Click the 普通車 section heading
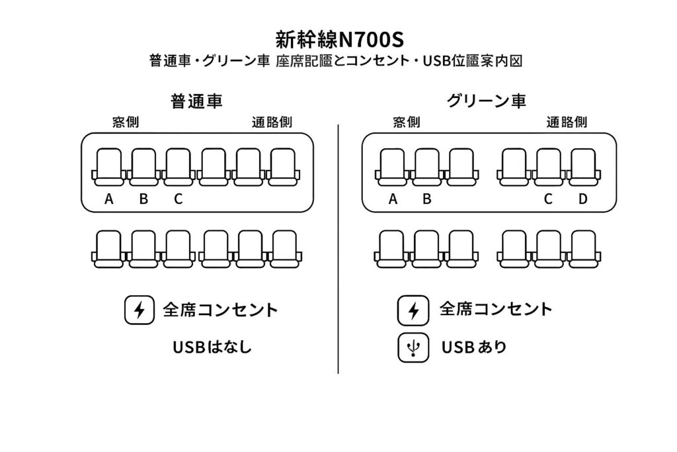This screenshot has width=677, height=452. [x=196, y=101]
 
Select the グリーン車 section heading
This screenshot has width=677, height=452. [x=487, y=101]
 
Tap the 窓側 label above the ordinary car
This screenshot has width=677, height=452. [x=126, y=122]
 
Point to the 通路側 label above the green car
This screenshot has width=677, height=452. [x=567, y=122]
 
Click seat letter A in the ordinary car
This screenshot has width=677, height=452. [x=109, y=199]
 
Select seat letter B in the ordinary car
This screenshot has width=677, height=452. [x=143, y=199]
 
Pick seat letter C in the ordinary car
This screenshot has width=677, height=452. [x=178, y=199]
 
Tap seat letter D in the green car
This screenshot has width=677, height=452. [x=582, y=199]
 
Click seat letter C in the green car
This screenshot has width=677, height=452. [x=548, y=199]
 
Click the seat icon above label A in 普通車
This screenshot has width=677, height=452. [x=109, y=167]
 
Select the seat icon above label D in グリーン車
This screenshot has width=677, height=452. [x=582, y=167]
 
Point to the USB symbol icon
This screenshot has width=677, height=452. [x=413, y=347]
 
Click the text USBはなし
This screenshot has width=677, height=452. [x=212, y=347]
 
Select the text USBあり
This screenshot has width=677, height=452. [x=473, y=347]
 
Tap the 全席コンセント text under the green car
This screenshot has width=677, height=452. [x=495, y=309]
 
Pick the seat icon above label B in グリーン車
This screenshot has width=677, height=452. [x=427, y=167]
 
